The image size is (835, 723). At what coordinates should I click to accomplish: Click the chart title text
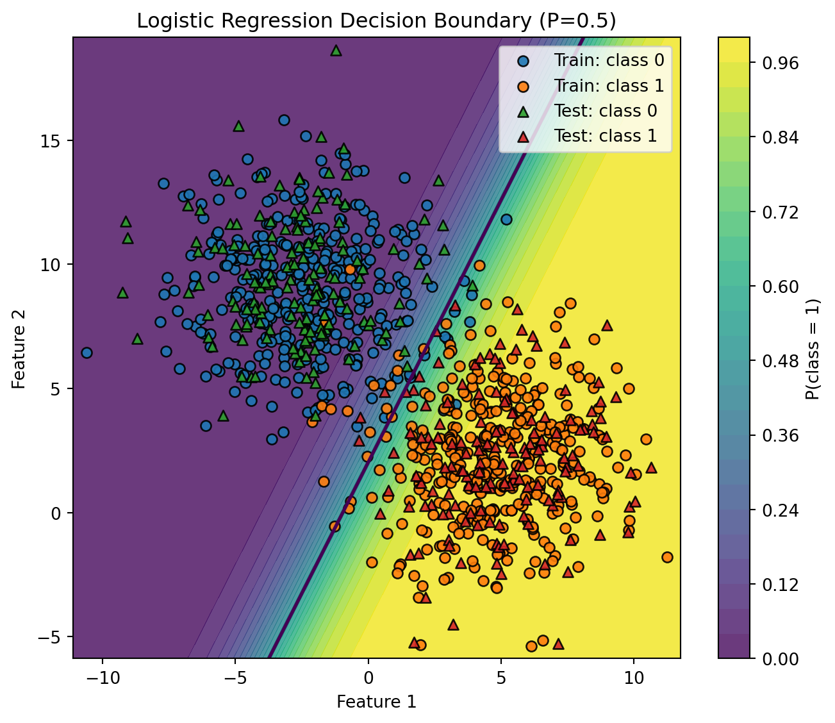click(376, 21)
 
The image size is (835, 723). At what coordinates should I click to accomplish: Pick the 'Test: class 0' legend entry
click(606, 111)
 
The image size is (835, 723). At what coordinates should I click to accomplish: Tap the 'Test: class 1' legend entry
click(606, 136)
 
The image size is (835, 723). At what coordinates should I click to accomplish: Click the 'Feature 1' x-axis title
click(376, 702)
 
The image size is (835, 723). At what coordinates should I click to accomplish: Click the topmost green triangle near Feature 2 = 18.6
click(336, 50)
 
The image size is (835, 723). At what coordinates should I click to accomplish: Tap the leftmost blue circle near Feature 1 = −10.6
click(87, 353)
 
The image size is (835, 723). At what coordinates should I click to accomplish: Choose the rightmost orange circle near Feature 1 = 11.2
click(667, 557)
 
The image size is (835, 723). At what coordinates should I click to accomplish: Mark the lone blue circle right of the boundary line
click(506, 219)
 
